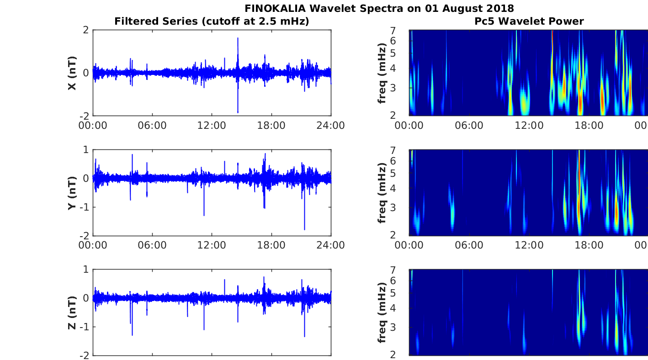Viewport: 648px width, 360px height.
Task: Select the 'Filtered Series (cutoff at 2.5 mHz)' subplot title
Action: (212, 21)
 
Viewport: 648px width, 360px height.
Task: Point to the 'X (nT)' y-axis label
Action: (72, 73)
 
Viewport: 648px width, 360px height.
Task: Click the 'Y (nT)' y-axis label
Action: (72, 192)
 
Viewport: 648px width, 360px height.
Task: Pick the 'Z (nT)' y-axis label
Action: (72, 312)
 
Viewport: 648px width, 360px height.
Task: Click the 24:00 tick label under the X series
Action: (330, 126)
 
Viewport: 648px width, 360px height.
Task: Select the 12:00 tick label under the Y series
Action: (212, 245)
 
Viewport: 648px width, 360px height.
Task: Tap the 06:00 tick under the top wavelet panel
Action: (469, 126)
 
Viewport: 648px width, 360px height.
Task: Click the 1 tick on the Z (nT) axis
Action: (86, 270)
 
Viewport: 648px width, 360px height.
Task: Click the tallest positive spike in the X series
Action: (238, 38)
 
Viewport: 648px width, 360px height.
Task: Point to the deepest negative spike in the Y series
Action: (304, 229)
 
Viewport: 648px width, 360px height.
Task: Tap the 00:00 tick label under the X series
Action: (93, 126)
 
